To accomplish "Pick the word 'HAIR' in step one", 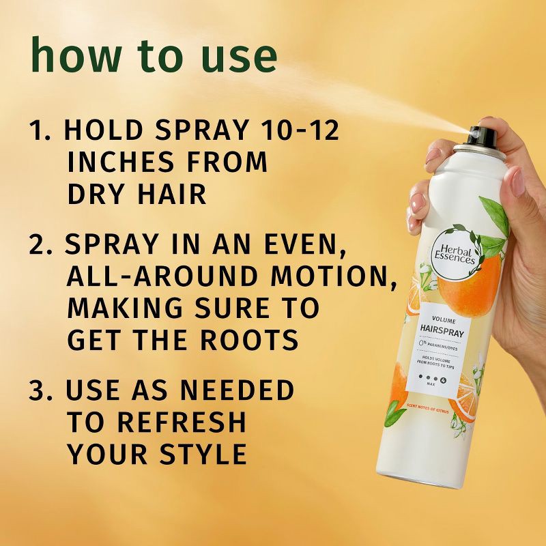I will click(x=170, y=195).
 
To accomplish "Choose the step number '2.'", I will click(x=41, y=244).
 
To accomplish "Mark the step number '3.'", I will click(x=41, y=390).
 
